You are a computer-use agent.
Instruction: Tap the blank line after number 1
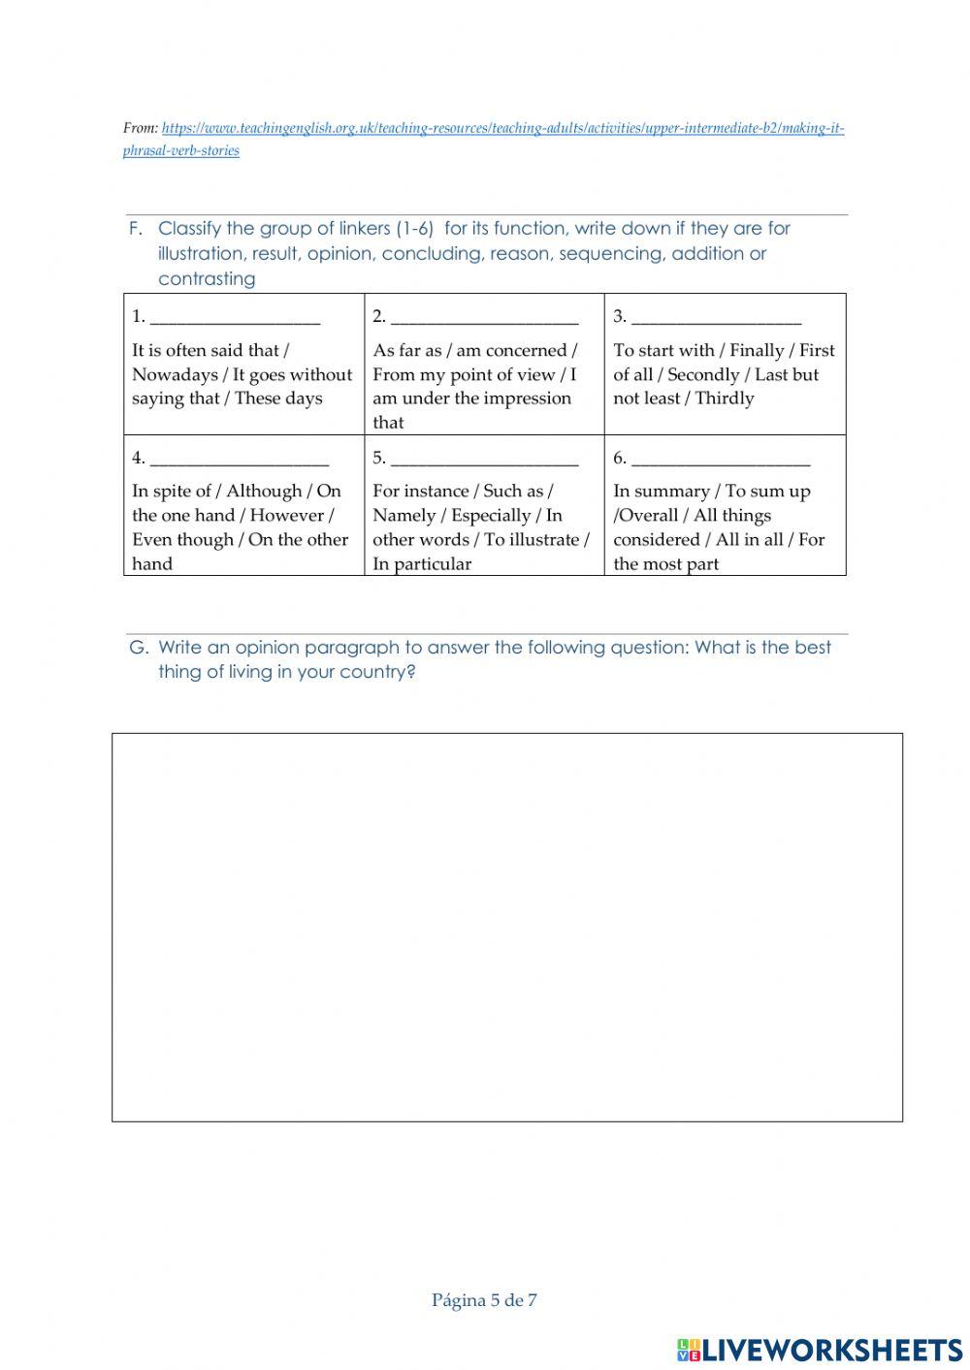coord(235,318)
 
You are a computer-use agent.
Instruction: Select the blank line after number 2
coord(484,318)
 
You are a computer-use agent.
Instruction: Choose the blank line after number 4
coord(240,460)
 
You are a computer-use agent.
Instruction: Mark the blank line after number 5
coord(484,460)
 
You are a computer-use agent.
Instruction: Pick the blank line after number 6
coord(720,460)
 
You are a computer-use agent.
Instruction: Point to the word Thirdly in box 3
coord(724,398)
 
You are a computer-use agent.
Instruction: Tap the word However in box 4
coord(287,516)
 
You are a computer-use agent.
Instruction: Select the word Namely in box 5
coord(404,516)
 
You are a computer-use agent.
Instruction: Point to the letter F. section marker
coord(136,229)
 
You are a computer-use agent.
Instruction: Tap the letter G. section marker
coord(139,648)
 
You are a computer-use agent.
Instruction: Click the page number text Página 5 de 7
coord(484,1300)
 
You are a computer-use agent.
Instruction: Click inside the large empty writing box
coord(506,927)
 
